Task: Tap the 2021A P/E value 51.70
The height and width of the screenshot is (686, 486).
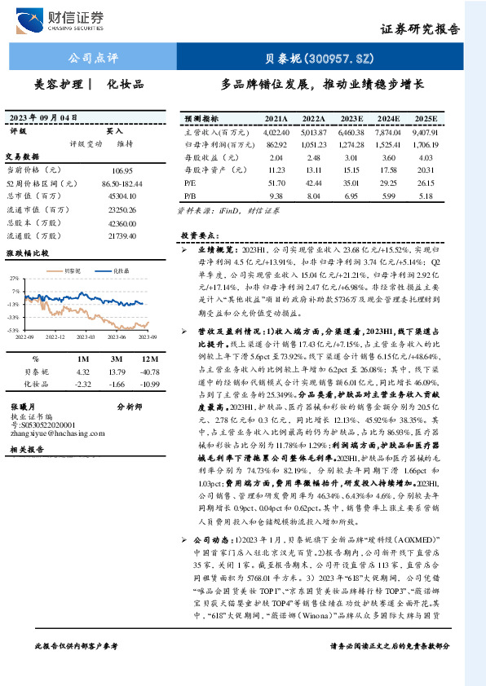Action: click(x=276, y=183)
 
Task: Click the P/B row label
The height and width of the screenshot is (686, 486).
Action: click(x=190, y=196)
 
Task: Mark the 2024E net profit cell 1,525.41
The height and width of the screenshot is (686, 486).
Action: click(x=387, y=143)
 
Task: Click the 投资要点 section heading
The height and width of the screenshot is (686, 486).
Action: click(x=199, y=235)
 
